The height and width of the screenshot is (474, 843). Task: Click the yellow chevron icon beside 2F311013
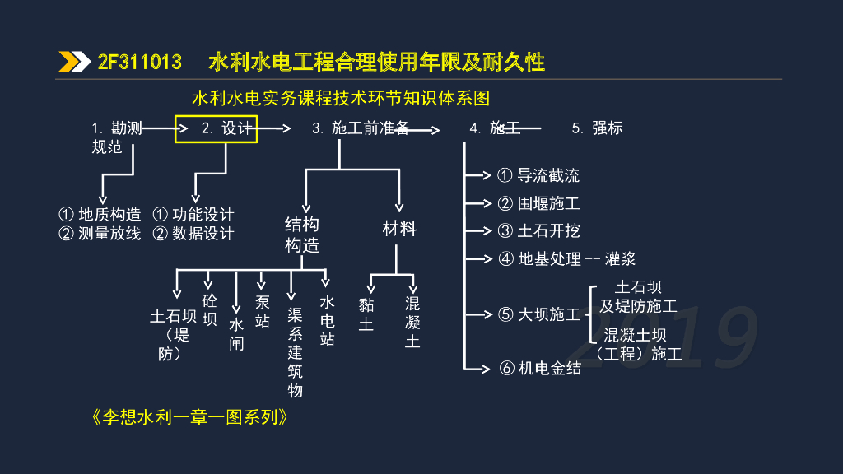74,63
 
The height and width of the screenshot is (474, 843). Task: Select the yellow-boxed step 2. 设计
217,128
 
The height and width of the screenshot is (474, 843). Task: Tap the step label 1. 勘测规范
116,137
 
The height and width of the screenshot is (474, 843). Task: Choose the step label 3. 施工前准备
360,128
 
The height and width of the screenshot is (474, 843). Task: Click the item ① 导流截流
538,175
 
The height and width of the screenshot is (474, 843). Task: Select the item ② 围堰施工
538,203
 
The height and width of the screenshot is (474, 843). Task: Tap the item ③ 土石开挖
538,230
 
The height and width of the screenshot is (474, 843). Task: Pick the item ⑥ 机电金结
540,368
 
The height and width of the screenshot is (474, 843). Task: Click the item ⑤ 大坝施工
539,314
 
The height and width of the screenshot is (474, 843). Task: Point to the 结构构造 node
302,235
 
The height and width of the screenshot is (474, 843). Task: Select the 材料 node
399,229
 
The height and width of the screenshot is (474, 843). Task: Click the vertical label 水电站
328,320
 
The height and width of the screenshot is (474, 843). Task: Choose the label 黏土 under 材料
366,314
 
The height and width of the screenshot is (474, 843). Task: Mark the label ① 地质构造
100,215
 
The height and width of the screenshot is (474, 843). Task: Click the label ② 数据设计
193,234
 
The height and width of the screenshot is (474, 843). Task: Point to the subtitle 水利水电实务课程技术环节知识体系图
340,99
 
